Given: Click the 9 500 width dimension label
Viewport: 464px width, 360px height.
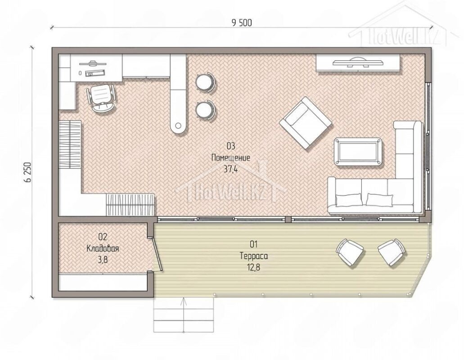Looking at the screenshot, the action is tap(242, 22).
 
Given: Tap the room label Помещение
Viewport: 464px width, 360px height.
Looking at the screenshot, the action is tap(230, 157).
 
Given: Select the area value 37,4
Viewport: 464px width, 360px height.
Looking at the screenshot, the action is tap(231, 169).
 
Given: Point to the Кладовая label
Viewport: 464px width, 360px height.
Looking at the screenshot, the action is tap(103, 248).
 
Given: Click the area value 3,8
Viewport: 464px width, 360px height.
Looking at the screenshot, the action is tap(103, 260).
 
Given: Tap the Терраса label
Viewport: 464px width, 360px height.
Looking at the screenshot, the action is tap(254, 256).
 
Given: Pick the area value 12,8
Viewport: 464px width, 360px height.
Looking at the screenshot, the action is tap(254, 267).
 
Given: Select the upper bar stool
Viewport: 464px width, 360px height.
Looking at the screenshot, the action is tap(205, 81).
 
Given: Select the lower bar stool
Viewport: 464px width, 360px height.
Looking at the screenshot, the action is tap(205, 109).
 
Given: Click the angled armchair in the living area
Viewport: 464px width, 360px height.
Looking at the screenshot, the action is tap(306, 123).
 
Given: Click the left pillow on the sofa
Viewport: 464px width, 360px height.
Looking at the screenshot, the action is tap(349, 200).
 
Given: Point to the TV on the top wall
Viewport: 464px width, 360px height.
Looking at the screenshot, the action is tap(358, 62).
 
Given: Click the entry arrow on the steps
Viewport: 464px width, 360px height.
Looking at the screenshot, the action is tap(184, 314).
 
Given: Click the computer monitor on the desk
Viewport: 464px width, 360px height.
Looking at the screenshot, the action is tap(93, 63).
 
